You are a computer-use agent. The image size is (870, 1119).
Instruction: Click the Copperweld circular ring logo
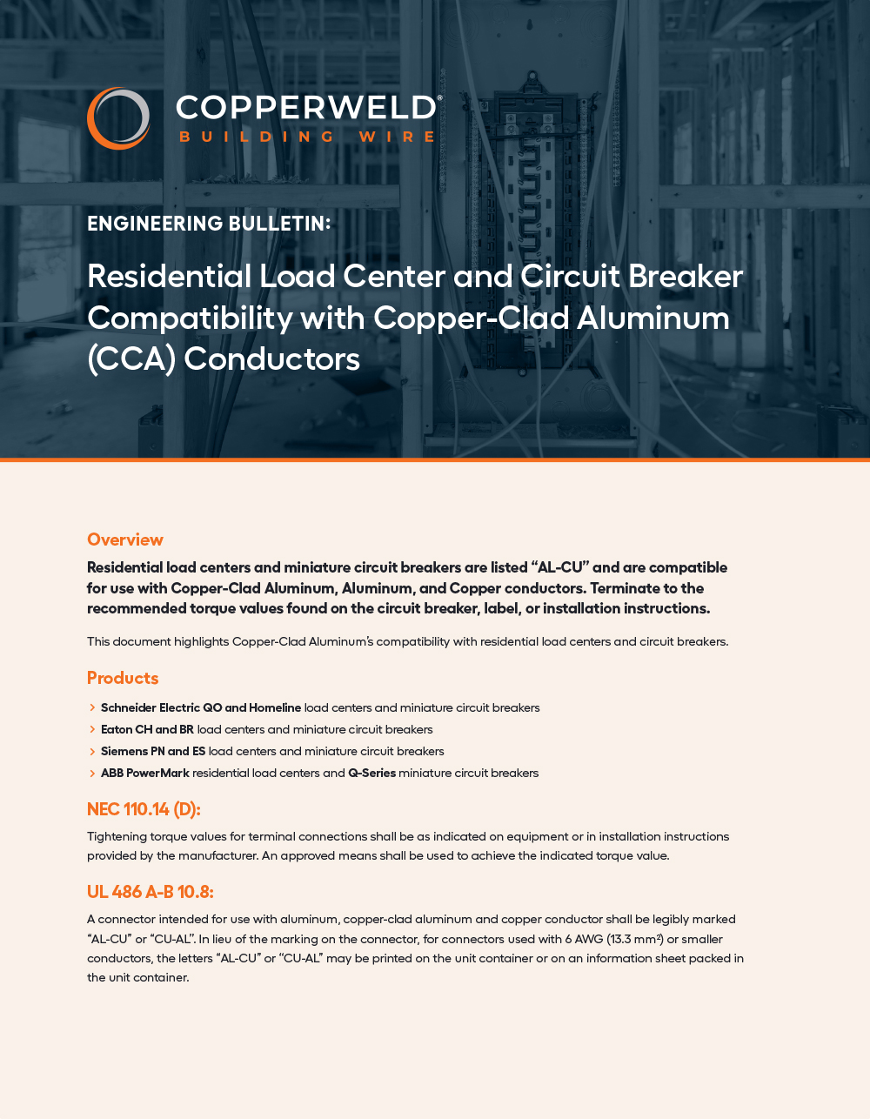[x=117, y=117]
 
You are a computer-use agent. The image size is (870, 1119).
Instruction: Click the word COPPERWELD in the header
[x=306, y=108]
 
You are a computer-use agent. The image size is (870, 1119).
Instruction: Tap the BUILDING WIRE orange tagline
[x=307, y=137]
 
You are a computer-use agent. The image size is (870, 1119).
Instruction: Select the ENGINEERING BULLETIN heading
[x=209, y=224]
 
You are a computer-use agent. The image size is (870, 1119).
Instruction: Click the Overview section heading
[x=125, y=539]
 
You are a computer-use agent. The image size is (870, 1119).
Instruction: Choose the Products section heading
[x=123, y=678]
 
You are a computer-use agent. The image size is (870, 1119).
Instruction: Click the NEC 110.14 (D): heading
[x=144, y=809]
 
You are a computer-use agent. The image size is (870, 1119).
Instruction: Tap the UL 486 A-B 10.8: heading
[x=150, y=892]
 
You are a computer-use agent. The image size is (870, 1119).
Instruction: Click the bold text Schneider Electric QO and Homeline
[x=201, y=707]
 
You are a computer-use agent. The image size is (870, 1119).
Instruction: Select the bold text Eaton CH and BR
[x=147, y=729]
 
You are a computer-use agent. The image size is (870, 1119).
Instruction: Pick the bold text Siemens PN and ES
[x=153, y=751]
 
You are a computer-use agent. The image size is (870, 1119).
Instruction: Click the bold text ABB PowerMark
[x=145, y=773]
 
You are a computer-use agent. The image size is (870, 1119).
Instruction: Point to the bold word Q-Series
[x=371, y=773]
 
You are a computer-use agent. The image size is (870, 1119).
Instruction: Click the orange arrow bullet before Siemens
[x=92, y=751]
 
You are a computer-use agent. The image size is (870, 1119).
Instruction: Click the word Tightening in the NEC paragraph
[x=117, y=836]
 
